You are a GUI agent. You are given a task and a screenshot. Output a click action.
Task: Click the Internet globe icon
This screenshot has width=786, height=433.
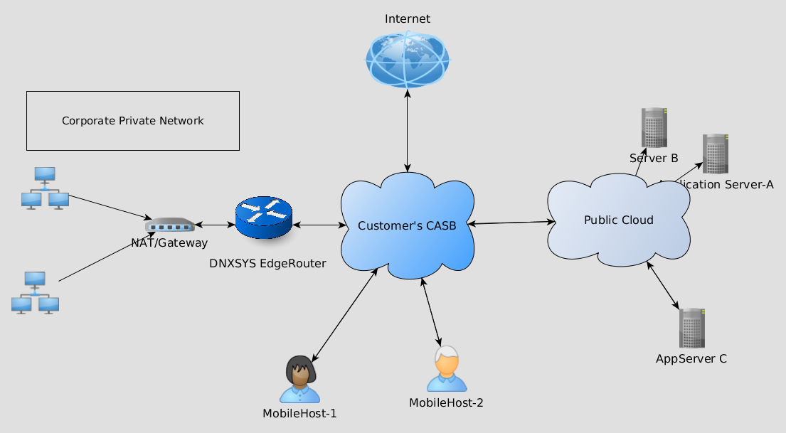(408, 60)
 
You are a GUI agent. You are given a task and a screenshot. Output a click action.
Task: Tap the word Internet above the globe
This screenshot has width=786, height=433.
(408, 18)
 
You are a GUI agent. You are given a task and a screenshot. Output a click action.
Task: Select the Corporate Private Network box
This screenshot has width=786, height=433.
(133, 121)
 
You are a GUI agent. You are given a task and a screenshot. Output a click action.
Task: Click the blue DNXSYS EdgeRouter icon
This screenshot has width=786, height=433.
(263, 218)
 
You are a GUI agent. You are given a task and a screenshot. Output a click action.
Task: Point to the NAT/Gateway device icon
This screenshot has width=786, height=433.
(169, 225)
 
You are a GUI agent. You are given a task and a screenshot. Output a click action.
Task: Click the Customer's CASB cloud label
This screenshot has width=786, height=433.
(407, 225)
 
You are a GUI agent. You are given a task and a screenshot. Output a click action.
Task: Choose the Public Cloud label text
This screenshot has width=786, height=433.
(618, 220)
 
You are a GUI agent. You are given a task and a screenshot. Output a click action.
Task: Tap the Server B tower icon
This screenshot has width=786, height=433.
(654, 127)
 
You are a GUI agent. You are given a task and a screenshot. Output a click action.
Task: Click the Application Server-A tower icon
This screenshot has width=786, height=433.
(716, 154)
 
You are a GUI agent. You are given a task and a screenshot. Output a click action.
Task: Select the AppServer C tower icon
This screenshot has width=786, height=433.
(691, 328)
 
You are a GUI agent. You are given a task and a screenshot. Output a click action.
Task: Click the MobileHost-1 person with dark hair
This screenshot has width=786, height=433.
(299, 379)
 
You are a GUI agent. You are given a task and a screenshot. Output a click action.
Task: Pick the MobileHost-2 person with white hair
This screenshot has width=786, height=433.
(447, 369)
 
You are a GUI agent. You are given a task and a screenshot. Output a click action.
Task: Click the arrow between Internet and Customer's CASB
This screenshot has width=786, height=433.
(408, 131)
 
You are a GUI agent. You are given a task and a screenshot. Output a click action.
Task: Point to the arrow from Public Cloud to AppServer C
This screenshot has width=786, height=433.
(664, 286)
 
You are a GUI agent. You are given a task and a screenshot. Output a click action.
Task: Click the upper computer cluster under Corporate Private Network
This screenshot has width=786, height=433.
(45, 188)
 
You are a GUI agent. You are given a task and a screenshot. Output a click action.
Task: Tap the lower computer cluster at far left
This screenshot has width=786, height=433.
(35, 292)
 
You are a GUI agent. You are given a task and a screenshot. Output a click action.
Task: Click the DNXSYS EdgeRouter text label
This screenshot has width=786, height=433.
(267, 263)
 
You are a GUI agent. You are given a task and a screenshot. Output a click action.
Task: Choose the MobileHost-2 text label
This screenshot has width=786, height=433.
(446, 402)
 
